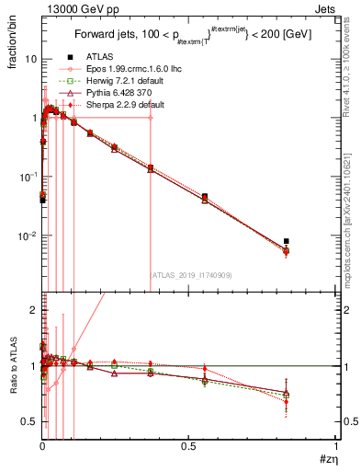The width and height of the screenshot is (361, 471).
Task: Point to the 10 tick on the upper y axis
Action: [28, 58]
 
